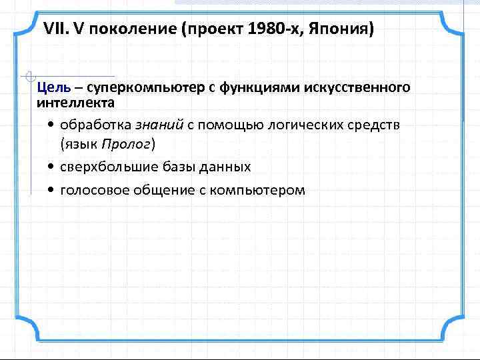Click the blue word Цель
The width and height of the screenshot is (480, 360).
tap(51, 88)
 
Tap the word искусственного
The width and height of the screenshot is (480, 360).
tap(358, 88)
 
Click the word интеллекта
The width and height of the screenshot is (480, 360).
tap(75, 103)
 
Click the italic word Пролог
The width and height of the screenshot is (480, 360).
tap(127, 143)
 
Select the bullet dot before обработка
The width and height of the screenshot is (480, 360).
tap(51, 125)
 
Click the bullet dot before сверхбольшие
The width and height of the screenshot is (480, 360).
tap(51, 167)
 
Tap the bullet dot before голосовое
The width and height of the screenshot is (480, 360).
tap(51, 191)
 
